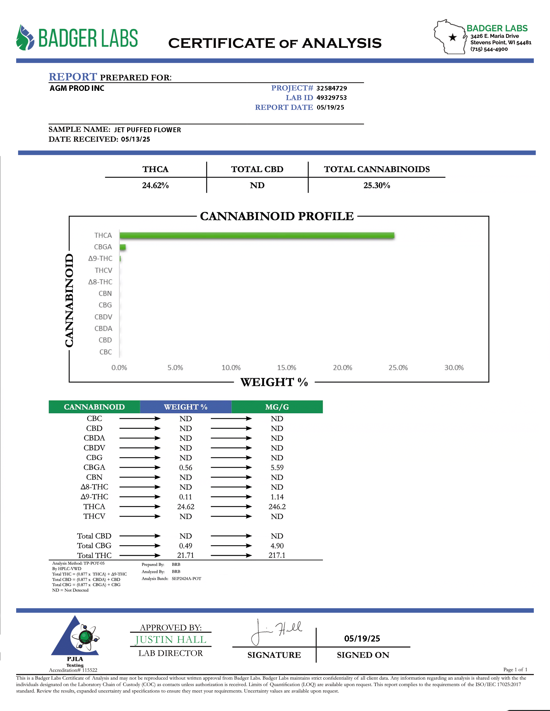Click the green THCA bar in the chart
tap(257, 235)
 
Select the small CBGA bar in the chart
tap(123, 247)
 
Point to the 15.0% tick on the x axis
tap(286, 367)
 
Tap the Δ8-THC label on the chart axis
tap(100, 282)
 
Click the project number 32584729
tap(331, 88)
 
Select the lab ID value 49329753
tap(331, 98)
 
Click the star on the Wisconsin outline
tap(453, 37)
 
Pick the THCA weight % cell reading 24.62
tap(186, 506)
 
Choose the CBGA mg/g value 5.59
tap(277, 468)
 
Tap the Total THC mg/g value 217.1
tap(277, 555)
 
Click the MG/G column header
tap(277, 407)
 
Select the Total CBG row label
tap(94, 546)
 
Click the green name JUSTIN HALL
tap(171, 640)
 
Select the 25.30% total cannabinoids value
tap(377, 186)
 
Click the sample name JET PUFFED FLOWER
tap(147, 130)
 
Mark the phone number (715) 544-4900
tap(489, 49)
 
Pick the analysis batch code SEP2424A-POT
tap(186, 578)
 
